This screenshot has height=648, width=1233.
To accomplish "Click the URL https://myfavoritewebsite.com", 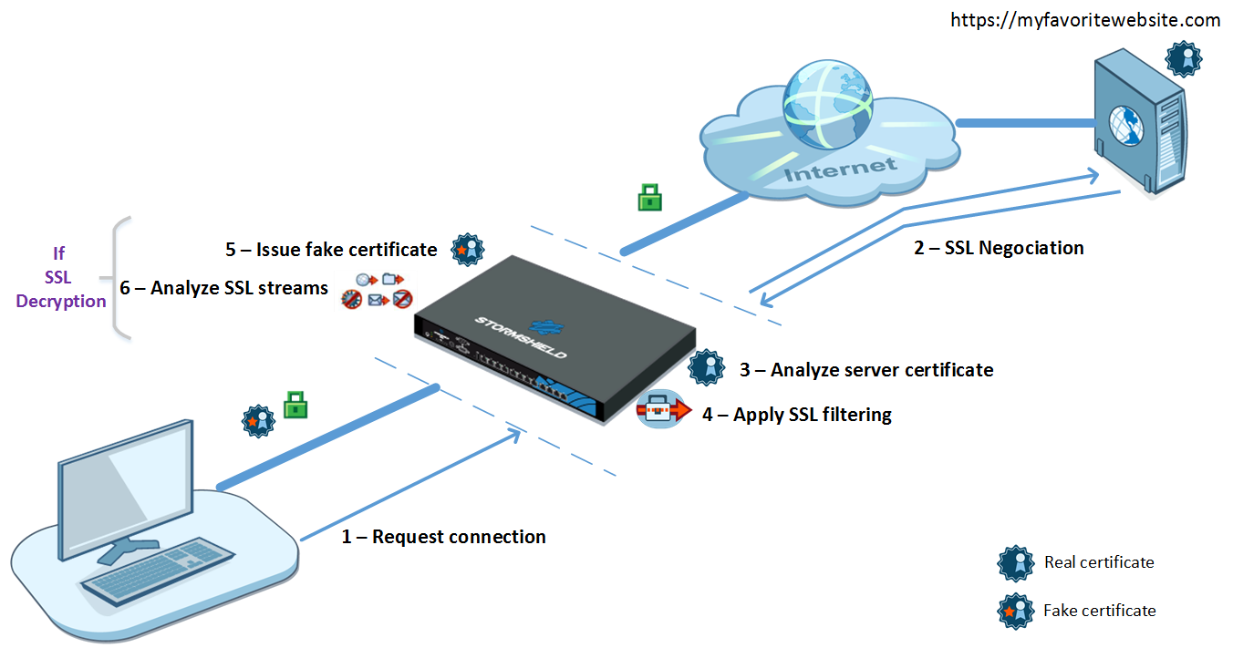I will coord(1084,20).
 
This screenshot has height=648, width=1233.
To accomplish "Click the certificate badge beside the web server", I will coord(1185,58).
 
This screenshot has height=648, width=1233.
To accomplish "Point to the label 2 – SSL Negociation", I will coord(999,248).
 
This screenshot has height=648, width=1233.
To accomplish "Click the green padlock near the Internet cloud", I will coord(648,196).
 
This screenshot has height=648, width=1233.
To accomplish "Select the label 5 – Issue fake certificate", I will coord(331,250).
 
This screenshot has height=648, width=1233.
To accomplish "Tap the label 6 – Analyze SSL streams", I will coord(223,288).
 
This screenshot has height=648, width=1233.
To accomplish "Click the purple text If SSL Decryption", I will coord(60,277).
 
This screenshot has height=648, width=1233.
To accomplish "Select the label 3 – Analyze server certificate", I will coord(865,369).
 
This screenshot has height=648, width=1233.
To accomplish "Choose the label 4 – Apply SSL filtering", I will coord(796,415).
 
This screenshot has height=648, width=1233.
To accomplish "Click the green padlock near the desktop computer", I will coord(295,404).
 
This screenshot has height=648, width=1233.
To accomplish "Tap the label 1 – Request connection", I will coord(443,537).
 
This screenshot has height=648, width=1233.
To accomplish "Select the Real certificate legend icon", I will coord(1016,563).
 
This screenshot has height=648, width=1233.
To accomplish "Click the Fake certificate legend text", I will coord(1099,611).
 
